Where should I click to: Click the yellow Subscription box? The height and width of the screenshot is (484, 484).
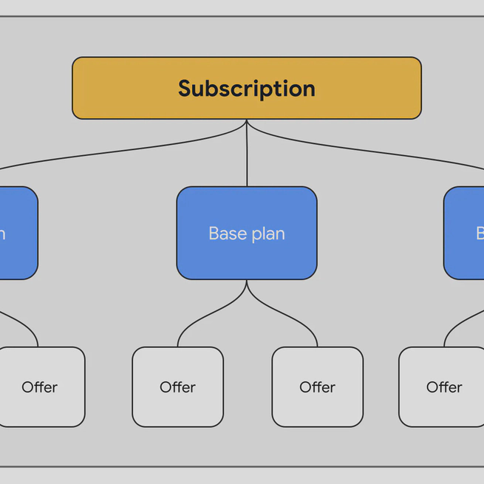click(x=246, y=88)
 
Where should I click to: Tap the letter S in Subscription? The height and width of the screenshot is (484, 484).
click(x=186, y=89)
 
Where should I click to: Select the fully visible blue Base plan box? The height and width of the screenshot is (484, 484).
click(x=246, y=233)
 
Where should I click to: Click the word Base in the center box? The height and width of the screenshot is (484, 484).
click(x=226, y=234)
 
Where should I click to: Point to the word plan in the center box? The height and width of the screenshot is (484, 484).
click(x=267, y=234)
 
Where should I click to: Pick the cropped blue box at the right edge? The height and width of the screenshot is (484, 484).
click(x=464, y=233)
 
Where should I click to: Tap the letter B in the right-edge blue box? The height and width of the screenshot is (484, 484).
click(x=480, y=234)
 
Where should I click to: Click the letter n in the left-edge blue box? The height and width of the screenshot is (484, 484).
click(x=2, y=234)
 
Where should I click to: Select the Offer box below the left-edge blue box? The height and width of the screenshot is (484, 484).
click(x=41, y=386)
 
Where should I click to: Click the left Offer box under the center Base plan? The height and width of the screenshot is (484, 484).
click(x=177, y=386)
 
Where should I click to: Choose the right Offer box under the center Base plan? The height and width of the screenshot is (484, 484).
click(x=317, y=386)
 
